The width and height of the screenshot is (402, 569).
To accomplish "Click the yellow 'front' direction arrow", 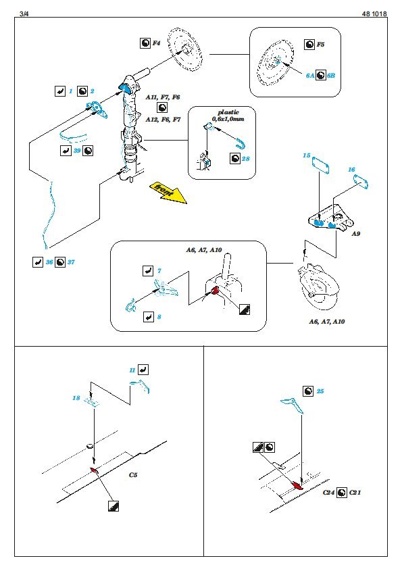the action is click(x=168, y=192).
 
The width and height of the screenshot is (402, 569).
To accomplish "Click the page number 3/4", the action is click(x=24, y=14).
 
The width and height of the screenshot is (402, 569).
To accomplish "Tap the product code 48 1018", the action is click(x=374, y=14).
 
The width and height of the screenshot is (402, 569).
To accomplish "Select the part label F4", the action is click(x=156, y=43).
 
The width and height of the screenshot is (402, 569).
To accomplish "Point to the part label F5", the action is click(x=320, y=45).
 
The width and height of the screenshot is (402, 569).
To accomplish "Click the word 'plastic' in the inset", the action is click(x=228, y=112).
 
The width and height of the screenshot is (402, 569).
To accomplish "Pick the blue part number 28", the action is click(x=246, y=159).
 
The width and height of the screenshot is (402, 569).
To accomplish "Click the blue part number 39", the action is click(x=77, y=151).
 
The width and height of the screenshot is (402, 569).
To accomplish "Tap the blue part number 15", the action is click(x=307, y=155).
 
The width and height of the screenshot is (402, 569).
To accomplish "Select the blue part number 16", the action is click(x=351, y=170).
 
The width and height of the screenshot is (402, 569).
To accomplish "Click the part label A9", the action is click(x=355, y=234).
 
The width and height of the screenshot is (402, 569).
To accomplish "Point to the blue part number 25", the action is click(x=320, y=391).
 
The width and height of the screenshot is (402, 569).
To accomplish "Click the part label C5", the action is click(x=133, y=474).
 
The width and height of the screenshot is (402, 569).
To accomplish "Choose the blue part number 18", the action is click(x=76, y=398).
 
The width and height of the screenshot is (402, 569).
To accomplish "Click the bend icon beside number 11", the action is click(x=143, y=370).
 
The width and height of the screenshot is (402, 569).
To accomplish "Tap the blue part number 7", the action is click(x=159, y=271).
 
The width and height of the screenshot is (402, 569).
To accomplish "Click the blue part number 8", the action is click(x=159, y=317).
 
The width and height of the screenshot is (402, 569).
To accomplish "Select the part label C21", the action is click(x=355, y=493).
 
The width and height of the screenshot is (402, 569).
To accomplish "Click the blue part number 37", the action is click(x=71, y=262).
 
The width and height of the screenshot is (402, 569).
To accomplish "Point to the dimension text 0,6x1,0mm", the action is click(x=228, y=119).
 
